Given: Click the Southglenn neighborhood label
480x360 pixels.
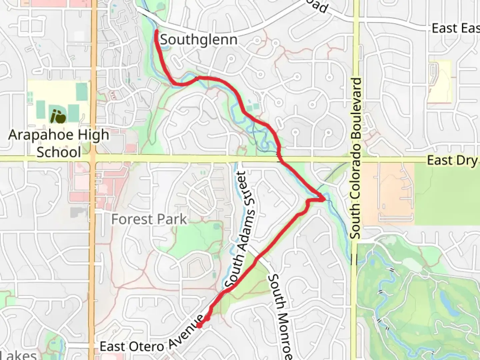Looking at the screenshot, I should [199, 40].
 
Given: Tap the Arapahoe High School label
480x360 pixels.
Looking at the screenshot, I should [59, 143].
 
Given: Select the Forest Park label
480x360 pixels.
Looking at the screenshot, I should [149, 219].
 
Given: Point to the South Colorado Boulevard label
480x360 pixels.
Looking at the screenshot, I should [356, 158].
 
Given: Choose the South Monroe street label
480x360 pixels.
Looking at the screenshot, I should [282, 317].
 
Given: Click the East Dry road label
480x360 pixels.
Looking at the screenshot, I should [453, 160].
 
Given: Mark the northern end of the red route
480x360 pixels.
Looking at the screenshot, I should [156, 31].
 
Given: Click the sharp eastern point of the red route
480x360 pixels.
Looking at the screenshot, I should [324, 199].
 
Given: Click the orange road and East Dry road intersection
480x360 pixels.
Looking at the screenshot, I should [93, 158].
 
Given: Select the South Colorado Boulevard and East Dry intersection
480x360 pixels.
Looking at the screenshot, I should [356, 160].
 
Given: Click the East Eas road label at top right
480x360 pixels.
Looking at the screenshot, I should [455, 29].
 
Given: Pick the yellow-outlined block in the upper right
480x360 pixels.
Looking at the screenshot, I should [440, 82].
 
